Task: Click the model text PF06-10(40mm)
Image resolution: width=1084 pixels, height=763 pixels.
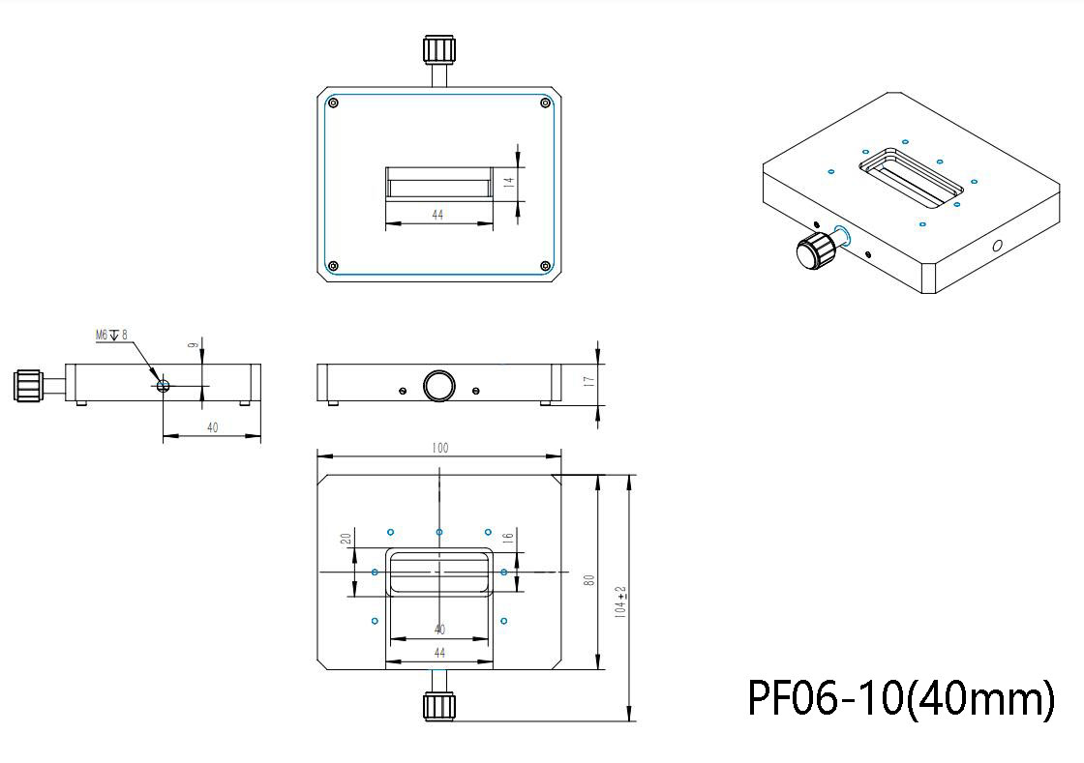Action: tap(900, 697)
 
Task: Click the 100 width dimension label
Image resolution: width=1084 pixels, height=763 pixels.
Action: tap(440, 448)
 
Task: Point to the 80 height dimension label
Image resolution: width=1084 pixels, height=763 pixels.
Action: tap(587, 580)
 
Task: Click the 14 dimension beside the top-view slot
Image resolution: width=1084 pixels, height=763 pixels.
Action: tap(508, 180)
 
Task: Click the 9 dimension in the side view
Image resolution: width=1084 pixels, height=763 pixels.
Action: tap(193, 344)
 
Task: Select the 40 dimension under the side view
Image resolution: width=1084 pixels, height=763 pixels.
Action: tap(212, 427)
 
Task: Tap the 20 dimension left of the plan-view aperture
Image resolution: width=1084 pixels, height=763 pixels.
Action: tap(346, 540)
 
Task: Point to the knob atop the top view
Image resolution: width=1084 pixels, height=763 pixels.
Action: tap(439, 50)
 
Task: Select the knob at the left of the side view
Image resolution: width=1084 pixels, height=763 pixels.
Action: tap(26, 384)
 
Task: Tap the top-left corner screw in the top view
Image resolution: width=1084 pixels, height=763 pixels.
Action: tap(333, 103)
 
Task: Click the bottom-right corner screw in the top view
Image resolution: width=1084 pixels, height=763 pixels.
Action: tap(545, 266)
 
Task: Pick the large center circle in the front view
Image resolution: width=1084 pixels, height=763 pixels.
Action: tap(439, 386)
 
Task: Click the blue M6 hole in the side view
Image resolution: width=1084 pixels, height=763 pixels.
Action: tap(163, 385)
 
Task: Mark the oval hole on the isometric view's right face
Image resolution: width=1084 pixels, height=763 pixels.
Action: tap(997, 247)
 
